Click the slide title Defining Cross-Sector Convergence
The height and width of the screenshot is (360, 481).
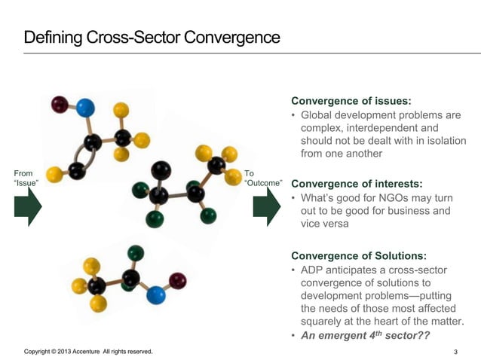tap(152, 37)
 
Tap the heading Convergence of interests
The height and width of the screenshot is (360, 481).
tap(357, 183)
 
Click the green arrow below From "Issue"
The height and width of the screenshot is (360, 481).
tap(29, 206)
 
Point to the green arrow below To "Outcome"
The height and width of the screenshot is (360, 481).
tap(266, 206)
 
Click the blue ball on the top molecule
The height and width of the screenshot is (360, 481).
tap(85, 108)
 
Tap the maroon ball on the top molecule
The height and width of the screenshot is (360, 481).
tap(60, 105)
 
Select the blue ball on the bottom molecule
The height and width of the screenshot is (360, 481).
tap(156, 294)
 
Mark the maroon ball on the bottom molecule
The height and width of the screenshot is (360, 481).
tap(178, 282)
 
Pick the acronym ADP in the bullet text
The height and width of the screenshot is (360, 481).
tap(313, 270)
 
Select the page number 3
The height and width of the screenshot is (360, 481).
tap(455, 352)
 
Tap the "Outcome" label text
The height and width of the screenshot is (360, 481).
tap(264, 183)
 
